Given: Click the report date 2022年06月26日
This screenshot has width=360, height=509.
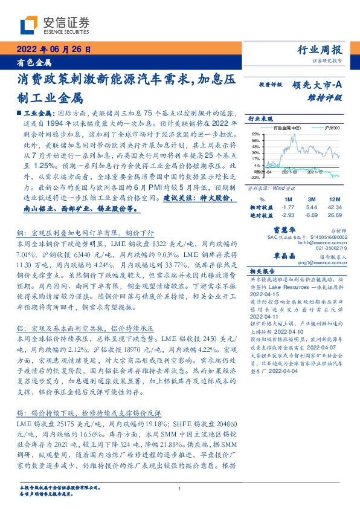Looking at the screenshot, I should click(x=53, y=50).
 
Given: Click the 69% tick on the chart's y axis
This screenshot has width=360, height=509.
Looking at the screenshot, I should click(x=257, y=134).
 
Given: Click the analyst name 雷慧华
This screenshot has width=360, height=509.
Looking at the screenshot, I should click(x=283, y=230).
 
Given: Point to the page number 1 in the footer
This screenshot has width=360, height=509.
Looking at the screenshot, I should click(x=179, y=488).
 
